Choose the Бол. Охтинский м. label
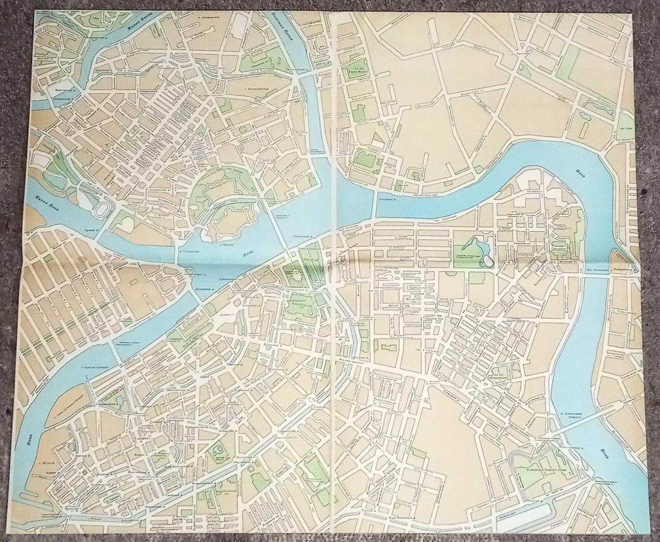tap(610, 269)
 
